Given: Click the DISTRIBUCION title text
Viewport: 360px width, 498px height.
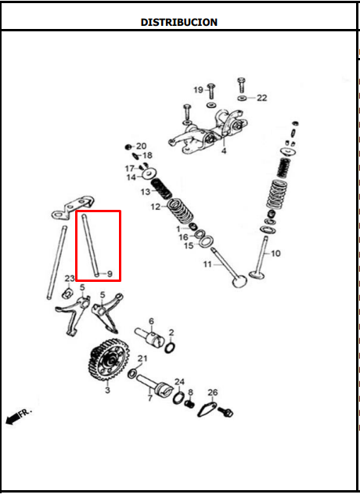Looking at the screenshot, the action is coord(179,22).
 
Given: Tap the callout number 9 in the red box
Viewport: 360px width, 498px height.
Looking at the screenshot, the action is coord(110,274).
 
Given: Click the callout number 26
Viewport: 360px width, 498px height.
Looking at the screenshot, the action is coord(213,392).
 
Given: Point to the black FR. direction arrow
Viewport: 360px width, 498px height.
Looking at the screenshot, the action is coord(13,420).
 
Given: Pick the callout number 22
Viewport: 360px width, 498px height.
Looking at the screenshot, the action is coord(262,98).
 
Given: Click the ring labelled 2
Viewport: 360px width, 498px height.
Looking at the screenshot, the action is coord(170,348).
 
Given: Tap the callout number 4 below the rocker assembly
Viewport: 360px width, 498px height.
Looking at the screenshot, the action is coord(224,151).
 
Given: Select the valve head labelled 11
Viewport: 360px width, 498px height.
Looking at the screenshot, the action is coord(239,281).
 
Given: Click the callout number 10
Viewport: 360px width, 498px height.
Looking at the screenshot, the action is coord(275,254).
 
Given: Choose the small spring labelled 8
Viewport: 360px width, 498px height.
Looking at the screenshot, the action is coord(189,404).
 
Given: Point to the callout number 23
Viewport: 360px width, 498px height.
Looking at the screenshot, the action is coord(70,279).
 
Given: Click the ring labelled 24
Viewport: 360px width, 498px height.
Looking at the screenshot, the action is coord(179,398).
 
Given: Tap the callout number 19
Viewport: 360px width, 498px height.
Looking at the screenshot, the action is coord(199,90).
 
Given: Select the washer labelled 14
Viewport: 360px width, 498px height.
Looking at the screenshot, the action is coord(149,173).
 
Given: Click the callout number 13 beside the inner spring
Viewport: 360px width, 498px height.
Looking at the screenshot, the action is coord(146,192).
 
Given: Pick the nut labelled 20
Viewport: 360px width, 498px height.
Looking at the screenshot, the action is coord(128,147).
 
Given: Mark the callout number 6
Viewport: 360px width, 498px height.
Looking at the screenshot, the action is coord(151,321).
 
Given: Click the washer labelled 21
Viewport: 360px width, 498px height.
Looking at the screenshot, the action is coord(132,373).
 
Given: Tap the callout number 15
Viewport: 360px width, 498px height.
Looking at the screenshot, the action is coord(189,246).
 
